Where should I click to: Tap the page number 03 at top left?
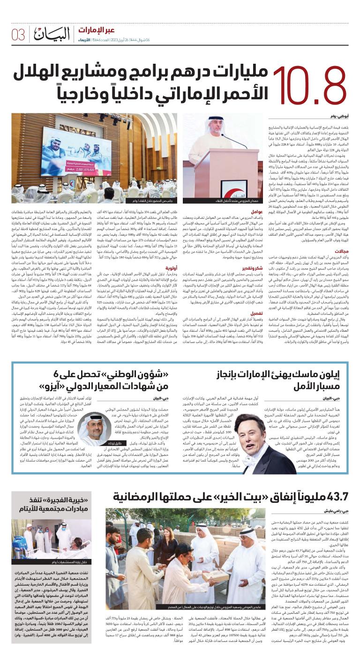18,34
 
